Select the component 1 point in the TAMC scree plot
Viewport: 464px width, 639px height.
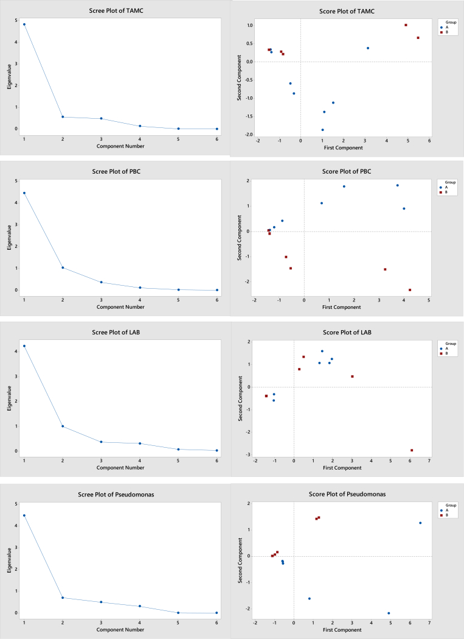click(24, 24)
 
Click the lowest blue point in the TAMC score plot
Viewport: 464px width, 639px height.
click(322, 130)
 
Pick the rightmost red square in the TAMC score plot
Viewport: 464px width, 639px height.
click(418, 38)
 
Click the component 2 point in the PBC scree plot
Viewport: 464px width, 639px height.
click(63, 267)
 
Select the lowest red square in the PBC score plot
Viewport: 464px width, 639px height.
click(410, 290)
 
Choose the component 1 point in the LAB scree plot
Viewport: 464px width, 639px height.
click(24, 346)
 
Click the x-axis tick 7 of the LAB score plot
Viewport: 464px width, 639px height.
click(429, 461)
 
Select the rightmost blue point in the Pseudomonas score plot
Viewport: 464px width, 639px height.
click(420, 523)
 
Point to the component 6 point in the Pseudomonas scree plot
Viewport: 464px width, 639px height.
click(216, 613)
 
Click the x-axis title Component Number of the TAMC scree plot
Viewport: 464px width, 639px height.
click(120, 146)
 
